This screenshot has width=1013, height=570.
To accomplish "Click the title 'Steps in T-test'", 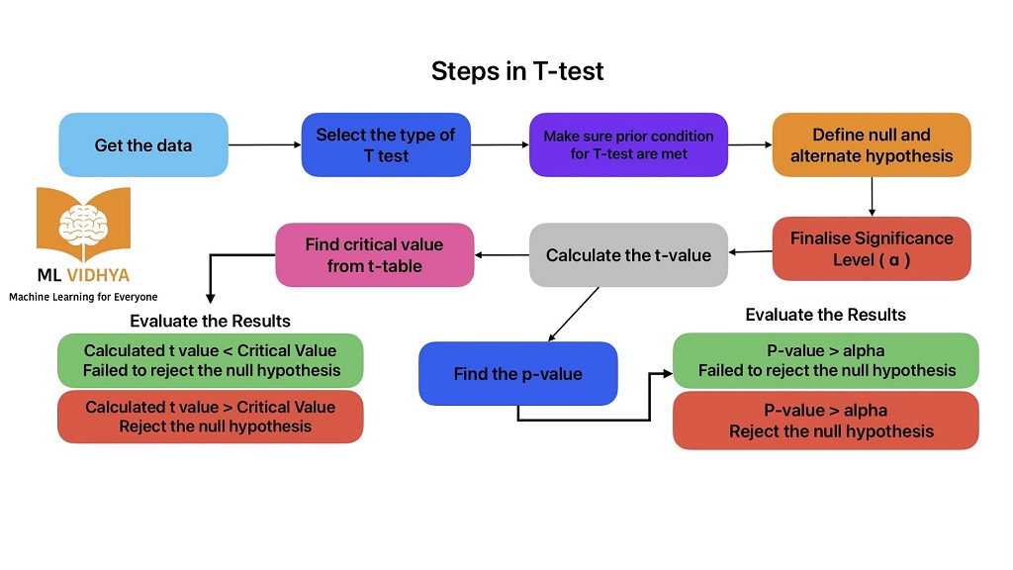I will pyautogui.click(x=517, y=71).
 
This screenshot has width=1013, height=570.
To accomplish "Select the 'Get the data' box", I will pyautogui.click(x=143, y=144).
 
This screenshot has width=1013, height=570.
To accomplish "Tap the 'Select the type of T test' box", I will pyautogui.click(x=386, y=144).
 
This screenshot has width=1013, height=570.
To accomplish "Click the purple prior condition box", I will pyautogui.click(x=628, y=144).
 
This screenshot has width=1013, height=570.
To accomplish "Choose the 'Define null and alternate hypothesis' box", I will pyautogui.click(x=872, y=144).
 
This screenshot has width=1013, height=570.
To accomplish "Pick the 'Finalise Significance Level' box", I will pyautogui.click(x=872, y=248).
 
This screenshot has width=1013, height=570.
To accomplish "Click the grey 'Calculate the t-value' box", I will pyautogui.click(x=628, y=255).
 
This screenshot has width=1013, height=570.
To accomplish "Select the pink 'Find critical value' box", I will pyautogui.click(x=374, y=255).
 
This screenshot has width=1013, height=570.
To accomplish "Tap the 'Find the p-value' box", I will pyautogui.click(x=517, y=374).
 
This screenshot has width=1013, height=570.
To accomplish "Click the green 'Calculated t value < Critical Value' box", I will pyautogui.click(x=210, y=360).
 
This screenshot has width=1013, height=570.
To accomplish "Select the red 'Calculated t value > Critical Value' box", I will pyautogui.click(x=210, y=417).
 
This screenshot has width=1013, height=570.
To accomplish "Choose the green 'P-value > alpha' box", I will pyautogui.click(x=826, y=360).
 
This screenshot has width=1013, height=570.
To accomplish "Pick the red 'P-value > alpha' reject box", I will pyautogui.click(x=826, y=421).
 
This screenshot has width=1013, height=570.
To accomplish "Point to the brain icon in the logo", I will pyautogui.click(x=83, y=226).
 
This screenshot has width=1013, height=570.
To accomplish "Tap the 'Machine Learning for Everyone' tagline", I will pyautogui.click(x=83, y=296).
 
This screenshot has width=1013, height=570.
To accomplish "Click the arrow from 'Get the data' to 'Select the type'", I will pyautogui.click(x=264, y=144).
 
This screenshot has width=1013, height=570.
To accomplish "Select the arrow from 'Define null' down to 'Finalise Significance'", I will pyautogui.click(x=872, y=196).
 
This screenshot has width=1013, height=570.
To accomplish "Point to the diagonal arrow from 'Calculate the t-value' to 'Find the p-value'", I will pyautogui.click(x=574, y=313).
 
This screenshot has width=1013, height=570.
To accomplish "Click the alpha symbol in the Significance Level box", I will pyautogui.click(x=895, y=261).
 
